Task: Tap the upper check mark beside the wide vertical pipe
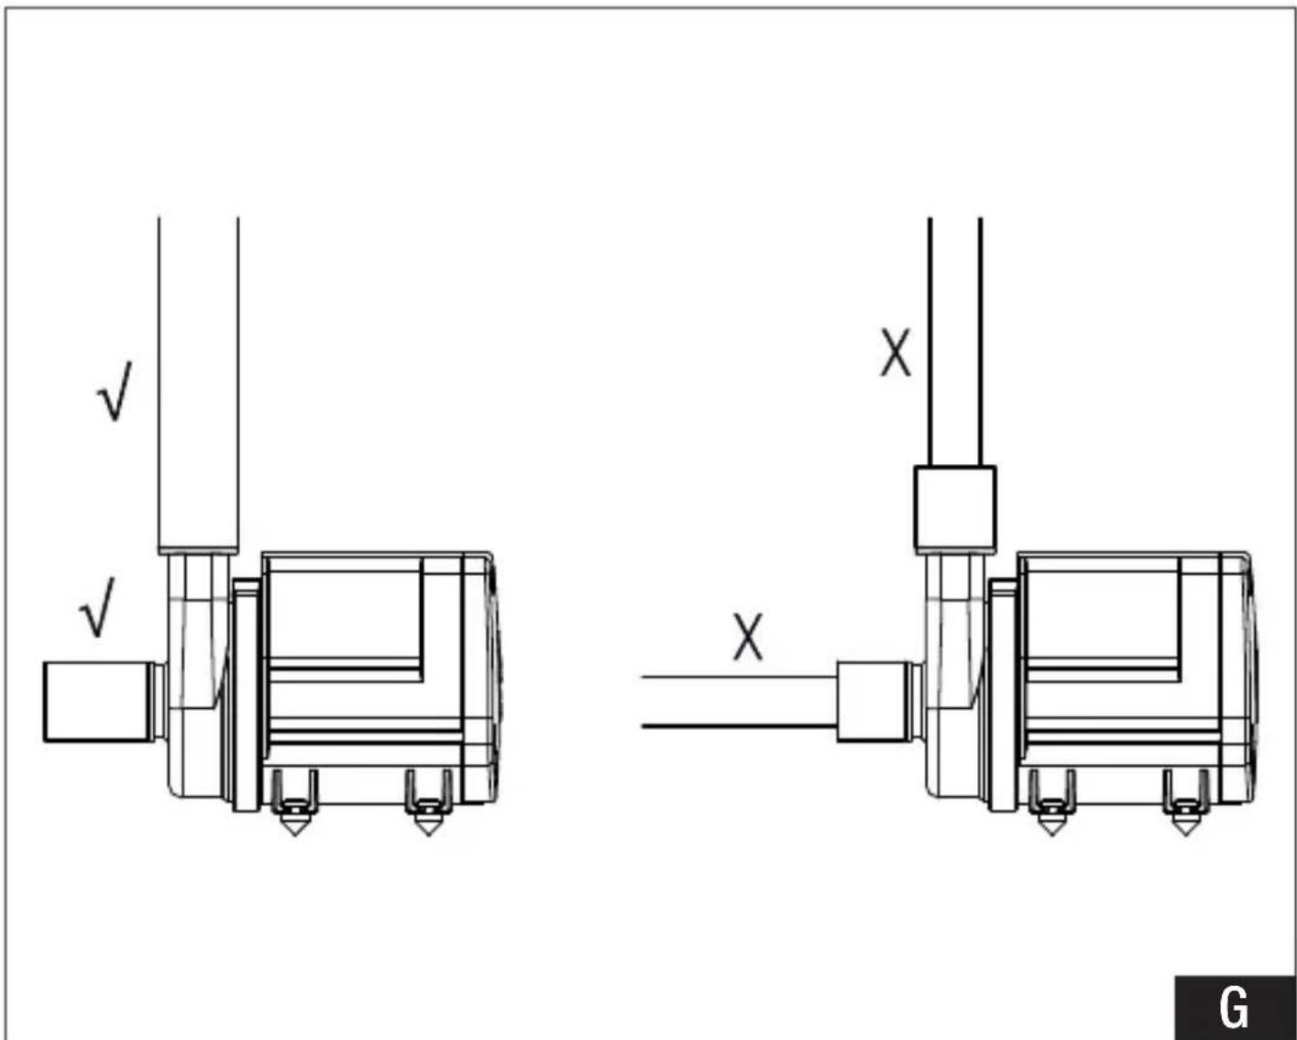point(115,391)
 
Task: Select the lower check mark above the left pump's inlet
point(97,607)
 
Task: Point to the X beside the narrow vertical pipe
point(896,353)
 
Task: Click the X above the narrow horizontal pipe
point(748,636)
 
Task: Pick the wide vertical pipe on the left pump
point(198,385)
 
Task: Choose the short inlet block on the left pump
point(99,702)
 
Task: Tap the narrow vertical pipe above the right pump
point(955,342)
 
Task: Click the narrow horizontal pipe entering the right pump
point(740,702)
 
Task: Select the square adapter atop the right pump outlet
point(955,509)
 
